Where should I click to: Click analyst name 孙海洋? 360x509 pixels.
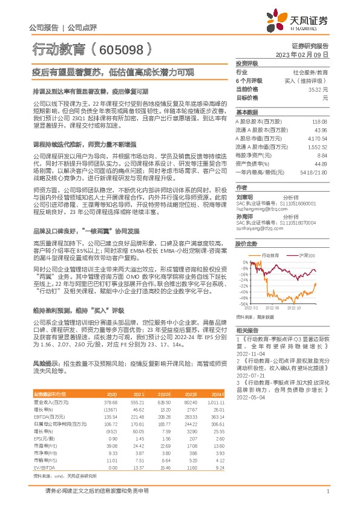(244, 216)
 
